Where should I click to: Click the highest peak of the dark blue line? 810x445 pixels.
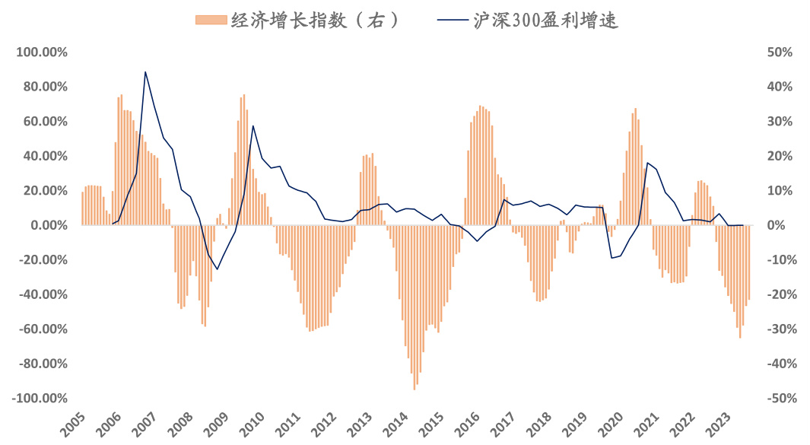point(145,72)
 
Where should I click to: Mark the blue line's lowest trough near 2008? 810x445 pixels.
point(217,269)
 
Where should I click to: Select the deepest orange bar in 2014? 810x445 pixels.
point(415,389)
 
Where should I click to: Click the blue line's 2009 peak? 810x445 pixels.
point(253,126)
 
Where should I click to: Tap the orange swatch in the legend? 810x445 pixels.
point(212,21)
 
